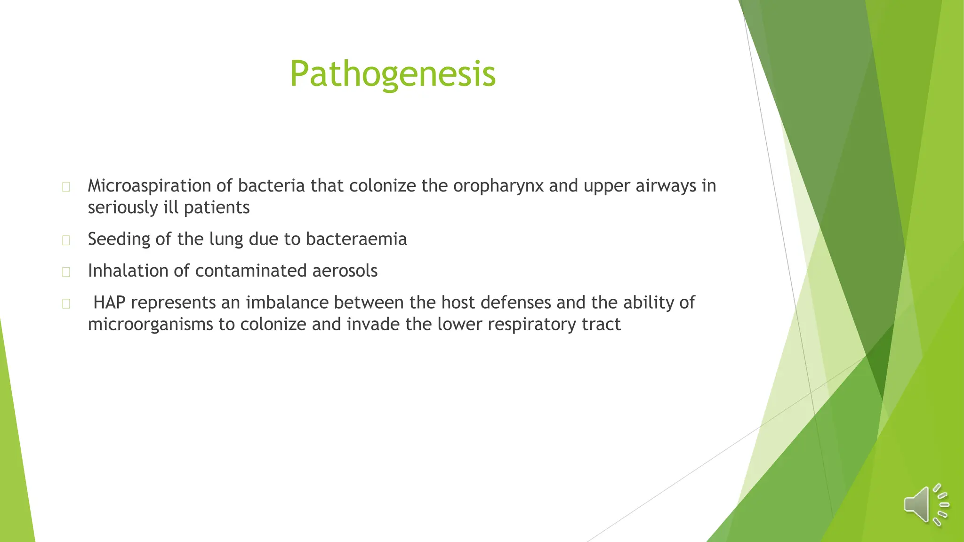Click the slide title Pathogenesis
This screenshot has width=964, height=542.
[x=393, y=74]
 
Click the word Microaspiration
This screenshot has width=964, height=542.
[x=149, y=186]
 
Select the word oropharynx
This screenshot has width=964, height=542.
[x=498, y=186]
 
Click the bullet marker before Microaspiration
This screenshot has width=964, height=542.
[x=66, y=187]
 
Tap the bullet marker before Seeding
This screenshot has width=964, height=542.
[x=66, y=240]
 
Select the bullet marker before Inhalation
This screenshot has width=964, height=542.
[x=66, y=272]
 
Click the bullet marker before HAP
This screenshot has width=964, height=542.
[x=66, y=304]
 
